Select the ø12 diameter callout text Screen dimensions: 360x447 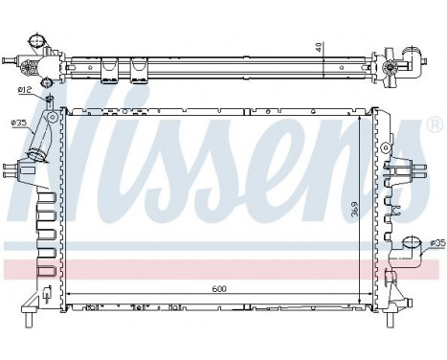click(x=26, y=90)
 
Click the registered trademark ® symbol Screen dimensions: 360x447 click(x=435, y=124)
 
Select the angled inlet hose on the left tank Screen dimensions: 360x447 click(x=43, y=145)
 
